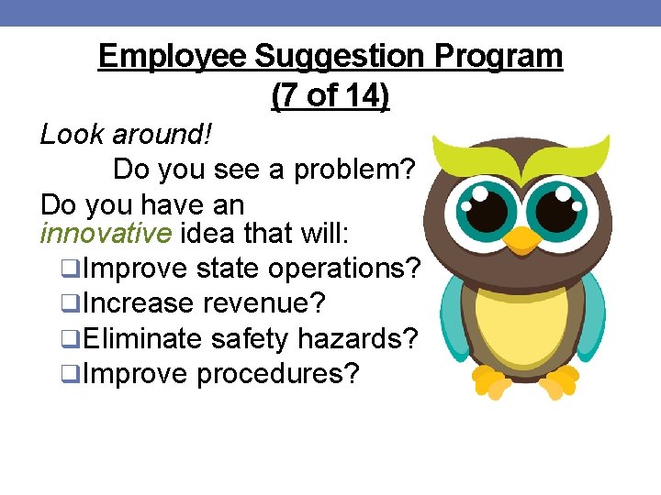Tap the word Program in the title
pos(499,57)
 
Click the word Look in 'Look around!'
pos(73,135)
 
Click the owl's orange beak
pos(524,239)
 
